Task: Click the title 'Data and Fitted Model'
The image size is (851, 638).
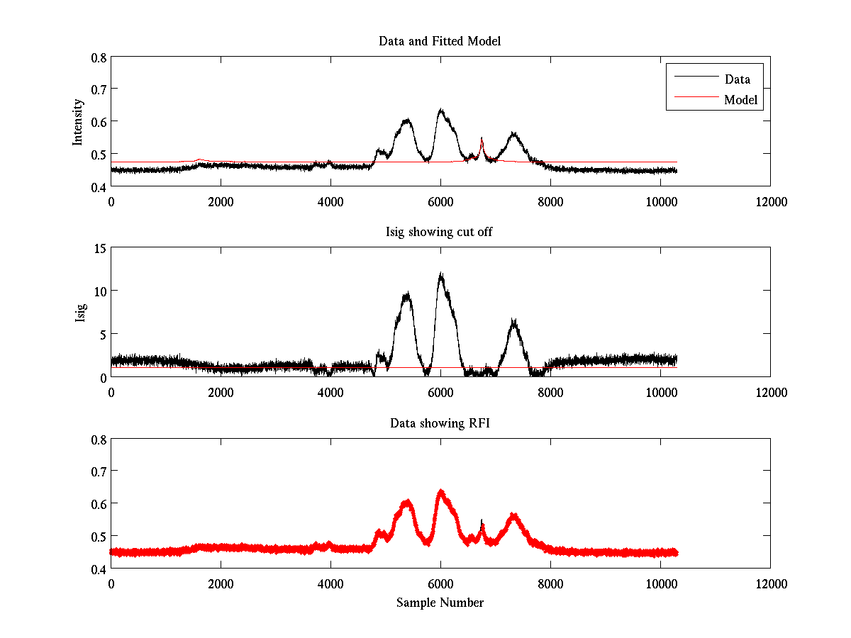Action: coord(440,41)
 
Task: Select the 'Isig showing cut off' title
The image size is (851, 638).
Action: coord(440,233)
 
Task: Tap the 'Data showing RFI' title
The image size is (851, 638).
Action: coord(440,424)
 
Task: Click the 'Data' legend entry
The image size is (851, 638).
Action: coord(737,79)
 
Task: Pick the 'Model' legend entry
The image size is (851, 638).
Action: coord(740,100)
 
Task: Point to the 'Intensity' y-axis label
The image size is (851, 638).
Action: coord(79,121)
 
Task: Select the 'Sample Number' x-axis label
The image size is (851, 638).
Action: coord(440,603)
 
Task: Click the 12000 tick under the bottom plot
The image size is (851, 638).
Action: coord(770,583)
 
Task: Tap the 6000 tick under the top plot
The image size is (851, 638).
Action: coord(440,201)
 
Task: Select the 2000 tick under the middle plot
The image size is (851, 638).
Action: coord(221,392)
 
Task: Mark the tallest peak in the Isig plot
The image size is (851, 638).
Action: coord(440,274)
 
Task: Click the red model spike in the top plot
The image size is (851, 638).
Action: coord(482,140)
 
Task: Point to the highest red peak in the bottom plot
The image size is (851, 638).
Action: coord(440,491)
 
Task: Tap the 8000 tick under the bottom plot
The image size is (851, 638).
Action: coord(550,583)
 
